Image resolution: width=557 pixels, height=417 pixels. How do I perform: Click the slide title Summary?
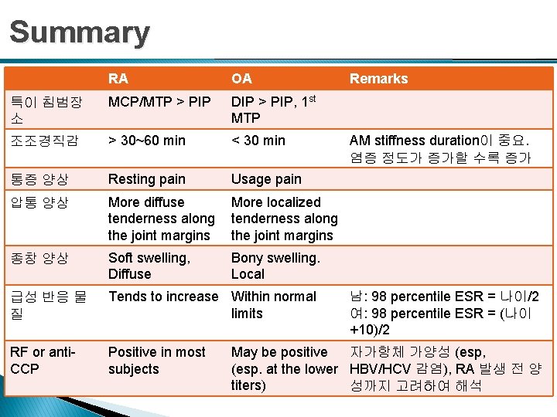tap(79, 32)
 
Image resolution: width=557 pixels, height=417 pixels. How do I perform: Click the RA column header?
tap(118, 79)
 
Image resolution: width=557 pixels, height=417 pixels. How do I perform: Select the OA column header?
tap(241, 79)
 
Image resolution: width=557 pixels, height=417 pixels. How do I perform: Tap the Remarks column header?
tap(378, 79)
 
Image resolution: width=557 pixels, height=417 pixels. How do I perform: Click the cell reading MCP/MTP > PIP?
tap(159, 102)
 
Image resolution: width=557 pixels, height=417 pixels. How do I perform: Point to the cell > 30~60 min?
tap(147, 141)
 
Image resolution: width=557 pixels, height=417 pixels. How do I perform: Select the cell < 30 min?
tap(258, 141)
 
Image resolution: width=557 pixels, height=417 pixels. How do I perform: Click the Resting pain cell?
tap(147, 179)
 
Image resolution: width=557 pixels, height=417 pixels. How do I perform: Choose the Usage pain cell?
tap(266, 179)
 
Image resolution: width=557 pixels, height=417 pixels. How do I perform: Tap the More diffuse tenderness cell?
tap(161, 219)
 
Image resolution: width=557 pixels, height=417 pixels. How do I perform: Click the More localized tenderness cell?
tap(284, 219)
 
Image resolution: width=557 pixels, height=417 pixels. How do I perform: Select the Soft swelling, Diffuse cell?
tap(149, 266)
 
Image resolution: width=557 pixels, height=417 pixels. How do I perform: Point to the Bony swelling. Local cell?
tap(275, 266)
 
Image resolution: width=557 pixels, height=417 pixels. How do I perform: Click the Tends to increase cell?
tap(163, 297)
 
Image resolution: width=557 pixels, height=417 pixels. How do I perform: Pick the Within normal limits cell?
tap(274, 304)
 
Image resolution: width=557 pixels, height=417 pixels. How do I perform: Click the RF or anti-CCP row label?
tap(42, 360)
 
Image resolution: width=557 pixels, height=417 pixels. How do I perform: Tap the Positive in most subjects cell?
tap(157, 360)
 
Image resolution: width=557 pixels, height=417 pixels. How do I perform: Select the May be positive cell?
tap(284, 368)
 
